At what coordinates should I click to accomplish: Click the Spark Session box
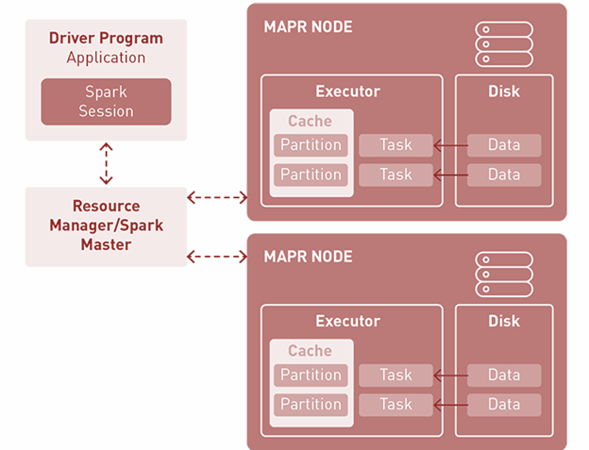pos(106,102)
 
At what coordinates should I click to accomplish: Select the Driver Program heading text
pos(106,39)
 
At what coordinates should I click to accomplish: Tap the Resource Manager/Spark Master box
pos(106,225)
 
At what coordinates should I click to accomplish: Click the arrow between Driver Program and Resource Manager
pos(106,163)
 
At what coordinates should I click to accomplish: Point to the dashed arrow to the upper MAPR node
pos(217,197)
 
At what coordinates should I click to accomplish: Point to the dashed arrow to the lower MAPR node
pos(217,256)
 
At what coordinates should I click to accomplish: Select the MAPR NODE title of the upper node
pos(308,27)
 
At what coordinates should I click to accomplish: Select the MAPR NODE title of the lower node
pos(308,257)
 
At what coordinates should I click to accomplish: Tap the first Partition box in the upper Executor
pos(311,145)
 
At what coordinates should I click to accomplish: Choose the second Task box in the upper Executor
pos(395,175)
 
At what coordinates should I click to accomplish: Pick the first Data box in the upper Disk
pos(504,145)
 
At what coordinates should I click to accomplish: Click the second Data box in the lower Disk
pos(504,405)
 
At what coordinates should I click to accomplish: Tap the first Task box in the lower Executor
pos(395,375)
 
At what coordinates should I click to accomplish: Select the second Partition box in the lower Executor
pos(311,405)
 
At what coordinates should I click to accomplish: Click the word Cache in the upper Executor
pos(311,121)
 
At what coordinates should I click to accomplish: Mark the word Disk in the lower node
pos(504,322)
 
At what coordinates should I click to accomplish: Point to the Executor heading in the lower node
pos(347,322)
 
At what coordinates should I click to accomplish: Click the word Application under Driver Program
pos(106,58)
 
